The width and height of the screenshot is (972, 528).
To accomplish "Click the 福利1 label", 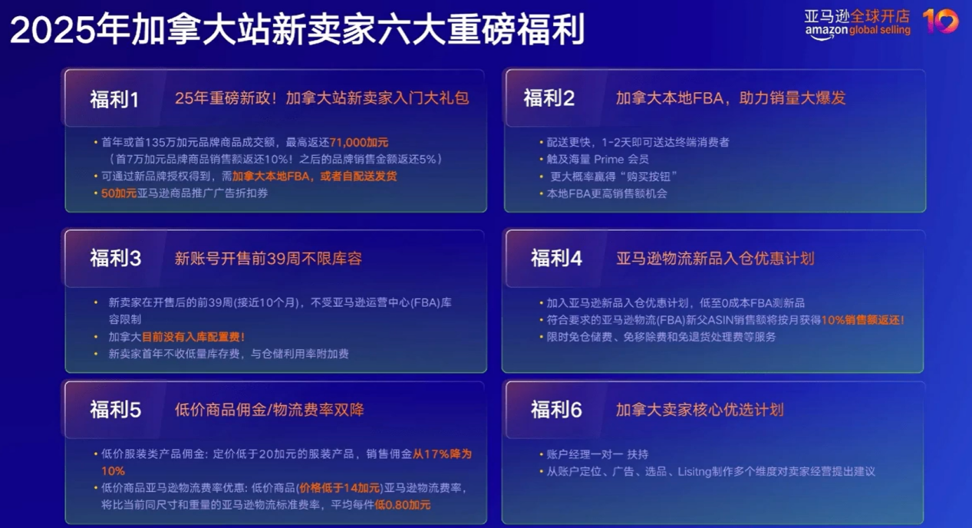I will click(x=114, y=99).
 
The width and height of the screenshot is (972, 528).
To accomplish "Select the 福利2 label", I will click(x=549, y=98).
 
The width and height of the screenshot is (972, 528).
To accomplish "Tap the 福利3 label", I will click(x=116, y=259).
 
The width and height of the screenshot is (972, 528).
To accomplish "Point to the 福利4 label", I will click(x=556, y=258).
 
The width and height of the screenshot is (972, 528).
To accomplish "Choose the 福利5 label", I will click(x=116, y=410).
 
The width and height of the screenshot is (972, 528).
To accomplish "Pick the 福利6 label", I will click(x=556, y=410).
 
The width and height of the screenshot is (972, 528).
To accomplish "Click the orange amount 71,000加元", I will click(x=359, y=143).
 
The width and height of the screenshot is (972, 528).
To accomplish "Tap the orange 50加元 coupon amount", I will click(x=119, y=193).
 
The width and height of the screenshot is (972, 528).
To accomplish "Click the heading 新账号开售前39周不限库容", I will click(x=268, y=259).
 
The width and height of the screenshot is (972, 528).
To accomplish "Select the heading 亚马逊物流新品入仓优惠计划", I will click(x=715, y=258).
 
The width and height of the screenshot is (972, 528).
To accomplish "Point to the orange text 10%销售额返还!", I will click(x=862, y=320).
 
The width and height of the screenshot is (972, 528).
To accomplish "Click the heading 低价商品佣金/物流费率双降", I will click(x=269, y=410).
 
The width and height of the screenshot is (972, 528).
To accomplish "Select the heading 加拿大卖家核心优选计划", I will click(x=700, y=410).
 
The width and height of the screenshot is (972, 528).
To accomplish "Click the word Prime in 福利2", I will click(x=610, y=160).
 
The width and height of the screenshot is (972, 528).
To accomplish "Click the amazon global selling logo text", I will click(x=858, y=31).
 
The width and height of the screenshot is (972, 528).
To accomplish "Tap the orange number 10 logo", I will click(x=941, y=21).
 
